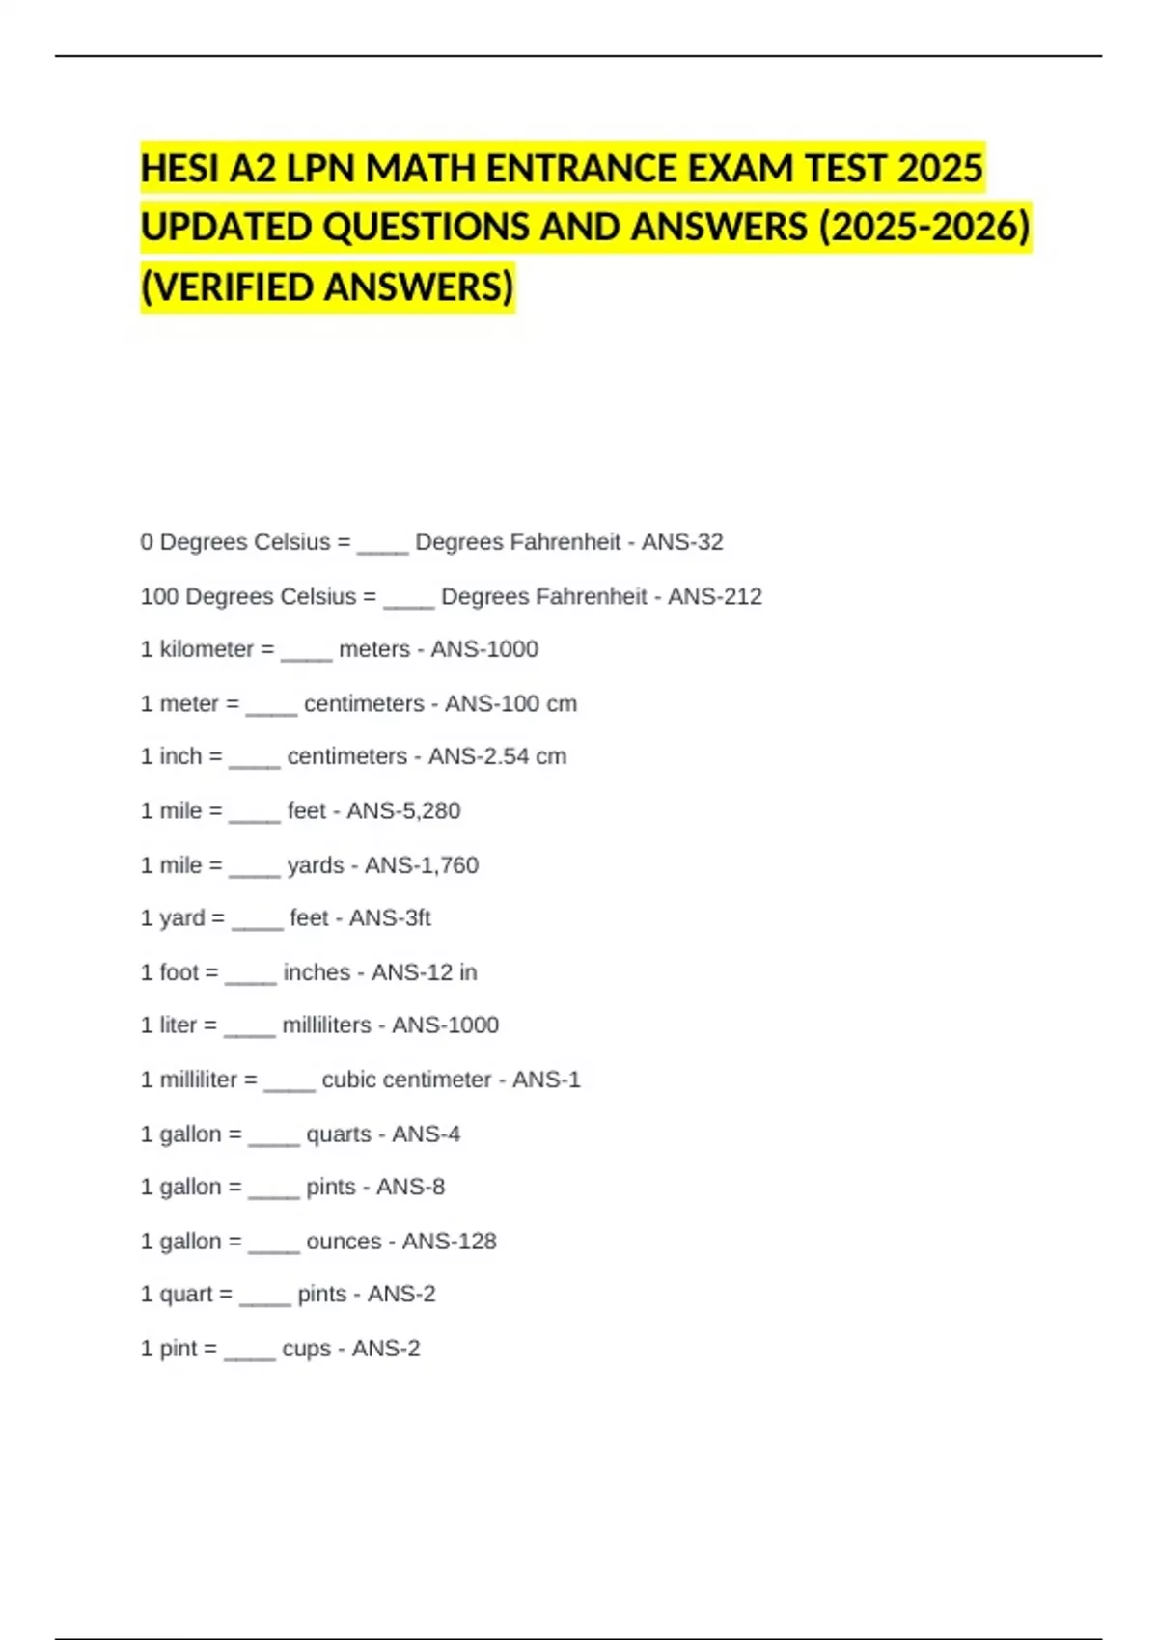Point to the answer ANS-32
tap(682, 542)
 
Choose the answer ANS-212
tap(715, 596)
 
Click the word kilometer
tap(207, 649)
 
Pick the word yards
tap(316, 864)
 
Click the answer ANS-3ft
tap(390, 917)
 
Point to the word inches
tap(317, 971)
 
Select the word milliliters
tap(326, 1025)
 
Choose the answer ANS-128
tap(449, 1241)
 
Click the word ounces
tap(344, 1241)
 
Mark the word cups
tap(307, 1348)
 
